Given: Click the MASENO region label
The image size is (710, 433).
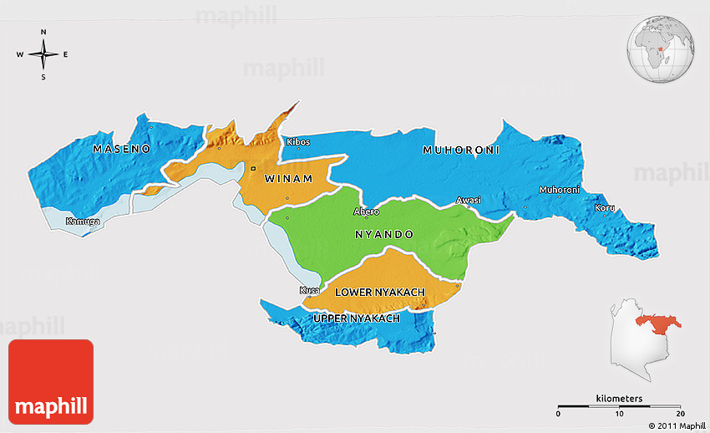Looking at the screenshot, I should coord(121,149).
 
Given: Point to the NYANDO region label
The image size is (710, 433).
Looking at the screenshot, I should coord(383,235).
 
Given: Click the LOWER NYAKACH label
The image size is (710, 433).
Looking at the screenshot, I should coord(380,292).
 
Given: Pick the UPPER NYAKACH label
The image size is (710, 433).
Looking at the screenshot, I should coord(356,318).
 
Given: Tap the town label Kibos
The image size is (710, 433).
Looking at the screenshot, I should coord(298,142).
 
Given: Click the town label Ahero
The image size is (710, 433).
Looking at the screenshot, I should coord(366,211).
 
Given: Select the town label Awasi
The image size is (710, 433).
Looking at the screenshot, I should coord(469,201).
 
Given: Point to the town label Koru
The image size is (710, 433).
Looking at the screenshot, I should coord(604,207).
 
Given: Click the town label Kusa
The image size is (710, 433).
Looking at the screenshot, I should coord(309,291).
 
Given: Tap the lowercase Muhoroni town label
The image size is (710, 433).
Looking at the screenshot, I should coord(559,191).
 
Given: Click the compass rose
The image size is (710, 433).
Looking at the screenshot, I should coord(43,54).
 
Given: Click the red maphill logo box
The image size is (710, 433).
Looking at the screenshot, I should coord(51,381).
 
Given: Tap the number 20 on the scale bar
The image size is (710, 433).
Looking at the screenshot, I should coord(680,414).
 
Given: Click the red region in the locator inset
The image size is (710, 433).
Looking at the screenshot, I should coord(657,322).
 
